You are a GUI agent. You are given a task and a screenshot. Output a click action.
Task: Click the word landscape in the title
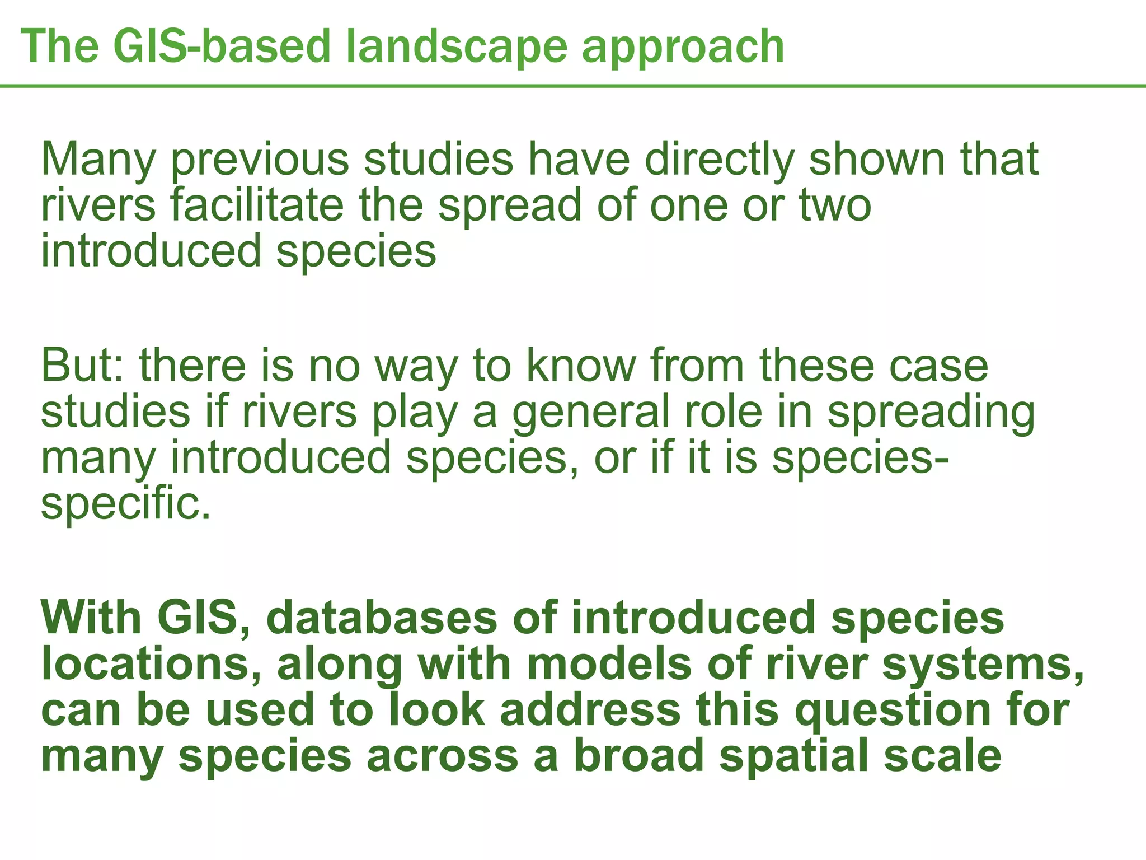point(456,48)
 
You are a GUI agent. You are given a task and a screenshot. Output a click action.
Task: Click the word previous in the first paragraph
point(259,161)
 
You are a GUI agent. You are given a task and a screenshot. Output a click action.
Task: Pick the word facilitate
point(257,205)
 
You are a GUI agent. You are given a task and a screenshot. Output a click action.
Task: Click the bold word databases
point(381,618)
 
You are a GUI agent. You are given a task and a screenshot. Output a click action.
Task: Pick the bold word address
point(590,710)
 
